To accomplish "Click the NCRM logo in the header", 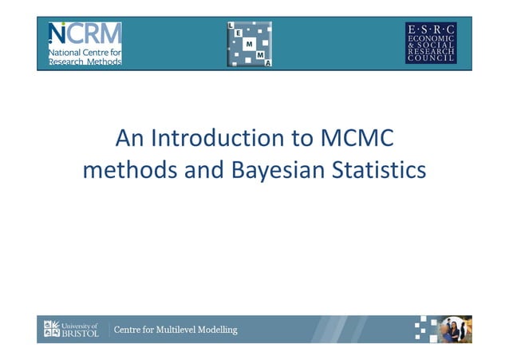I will point(85,43).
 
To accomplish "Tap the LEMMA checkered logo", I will point(249,44).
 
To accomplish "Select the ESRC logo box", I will point(431,42).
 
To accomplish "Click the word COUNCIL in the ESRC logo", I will point(431,58).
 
